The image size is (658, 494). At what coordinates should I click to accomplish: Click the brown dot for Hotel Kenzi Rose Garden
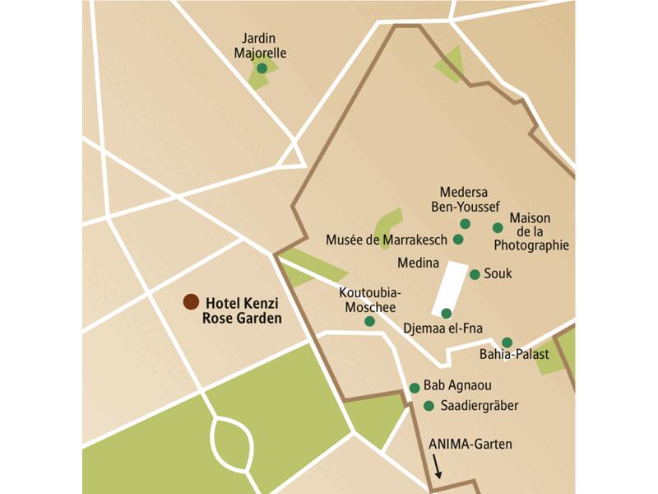[x=190, y=302]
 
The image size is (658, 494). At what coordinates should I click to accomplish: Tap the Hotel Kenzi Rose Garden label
[x=242, y=310]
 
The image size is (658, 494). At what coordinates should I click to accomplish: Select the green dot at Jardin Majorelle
[x=262, y=68]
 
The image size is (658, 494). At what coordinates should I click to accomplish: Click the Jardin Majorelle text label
[x=259, y=46]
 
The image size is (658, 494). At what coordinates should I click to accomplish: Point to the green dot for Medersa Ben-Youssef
[x=465, y=224]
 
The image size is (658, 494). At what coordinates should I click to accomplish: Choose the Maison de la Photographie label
[x=539, y=231]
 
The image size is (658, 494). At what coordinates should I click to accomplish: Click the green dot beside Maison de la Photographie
[x=498, y=228]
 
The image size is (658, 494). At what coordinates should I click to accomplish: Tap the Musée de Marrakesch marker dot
[x=458, y=240]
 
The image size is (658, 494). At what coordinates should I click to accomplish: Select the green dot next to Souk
[x=475, y=274]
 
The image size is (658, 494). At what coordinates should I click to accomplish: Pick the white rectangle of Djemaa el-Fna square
[x=449, y=288]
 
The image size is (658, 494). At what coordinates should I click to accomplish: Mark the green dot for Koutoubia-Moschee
[x=369, y=321]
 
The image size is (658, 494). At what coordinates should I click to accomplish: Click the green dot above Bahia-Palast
[x=507, y=343]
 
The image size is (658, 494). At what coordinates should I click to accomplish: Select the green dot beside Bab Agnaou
[x=415, y=388]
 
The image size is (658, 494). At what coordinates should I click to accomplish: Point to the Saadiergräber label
[x=480, y=406]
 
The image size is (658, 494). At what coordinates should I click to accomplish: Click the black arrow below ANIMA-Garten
[x=438, y=468]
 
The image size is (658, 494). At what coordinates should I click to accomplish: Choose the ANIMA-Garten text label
[x=470, y=445]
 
